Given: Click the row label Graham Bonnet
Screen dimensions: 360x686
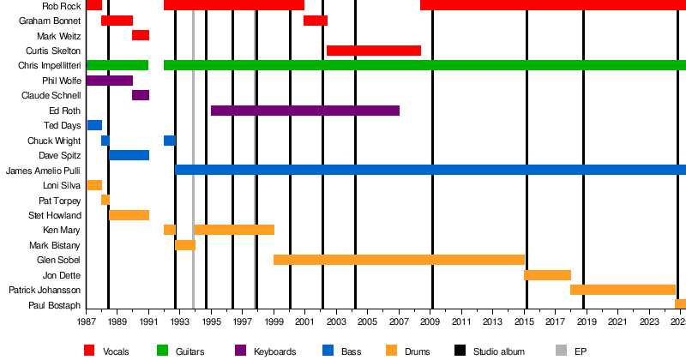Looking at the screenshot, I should [50, 21].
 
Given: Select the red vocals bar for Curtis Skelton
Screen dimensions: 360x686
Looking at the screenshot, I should [374, 51].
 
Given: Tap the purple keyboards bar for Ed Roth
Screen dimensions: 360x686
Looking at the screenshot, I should [305, 111].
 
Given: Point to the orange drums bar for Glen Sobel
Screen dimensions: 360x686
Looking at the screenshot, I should [399, 260].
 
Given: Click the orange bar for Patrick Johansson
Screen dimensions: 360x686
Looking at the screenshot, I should [623, 290].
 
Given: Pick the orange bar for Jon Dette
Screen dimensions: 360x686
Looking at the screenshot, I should [547, 275].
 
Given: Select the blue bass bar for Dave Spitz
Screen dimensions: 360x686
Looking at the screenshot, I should [129, 155].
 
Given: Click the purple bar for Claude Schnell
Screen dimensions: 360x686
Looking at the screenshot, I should [141, 95].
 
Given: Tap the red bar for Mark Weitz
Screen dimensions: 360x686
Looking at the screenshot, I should [141, 35].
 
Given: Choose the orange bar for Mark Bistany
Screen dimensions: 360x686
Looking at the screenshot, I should [185, 245].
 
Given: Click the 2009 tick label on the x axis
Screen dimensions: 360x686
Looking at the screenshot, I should [431, 321].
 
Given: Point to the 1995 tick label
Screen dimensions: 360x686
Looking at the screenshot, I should [212, 321].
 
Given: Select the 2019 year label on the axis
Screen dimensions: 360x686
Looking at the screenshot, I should [587, 321].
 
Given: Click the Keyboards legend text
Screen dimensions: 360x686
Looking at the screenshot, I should [275, 351].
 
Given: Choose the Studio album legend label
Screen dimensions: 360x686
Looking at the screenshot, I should [501, 351].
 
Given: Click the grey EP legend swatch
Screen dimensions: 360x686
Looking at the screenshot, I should [562, 351].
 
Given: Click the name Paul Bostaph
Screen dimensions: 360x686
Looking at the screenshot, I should [55, 305].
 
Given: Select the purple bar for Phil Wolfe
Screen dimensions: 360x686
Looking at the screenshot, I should [110, 81].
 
